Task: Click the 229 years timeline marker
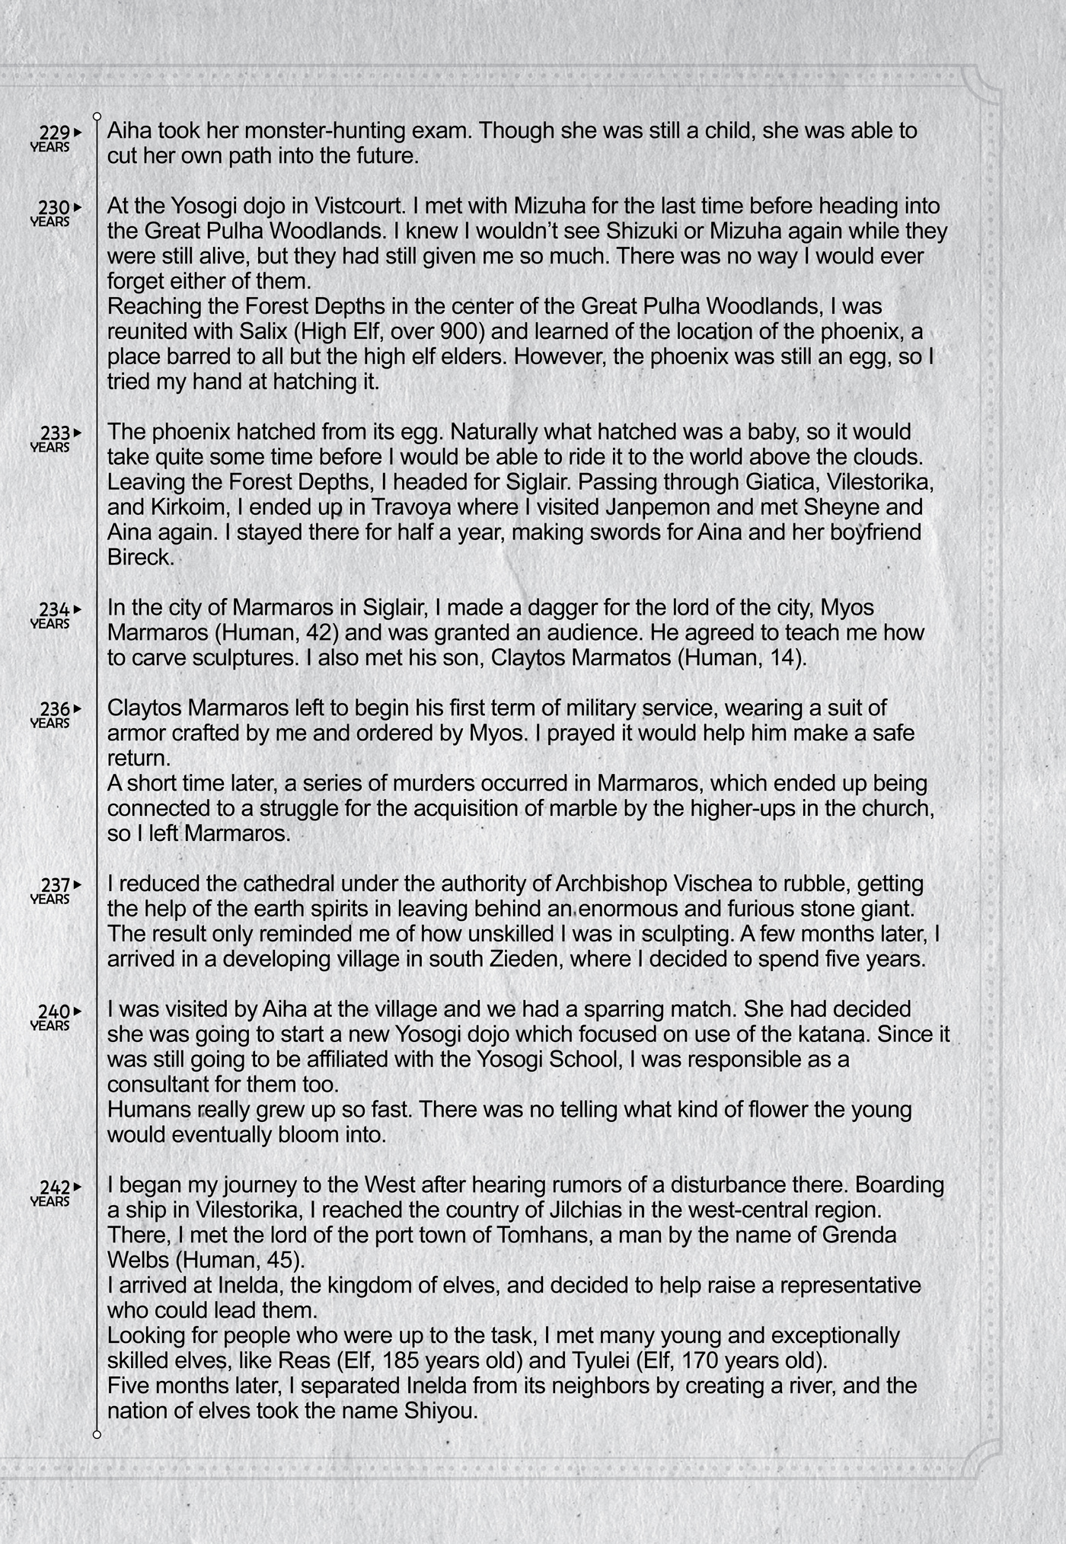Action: [x=55, y=137]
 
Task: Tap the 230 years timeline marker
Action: [x=55, y=212]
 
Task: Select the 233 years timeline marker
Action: [x=55, y=437]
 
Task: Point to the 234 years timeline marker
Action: [x=55, y=614]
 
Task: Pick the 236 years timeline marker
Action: [x=55, y=714]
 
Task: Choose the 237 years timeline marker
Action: [x=55, y=890]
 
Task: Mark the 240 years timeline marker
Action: [x=55, y=1016]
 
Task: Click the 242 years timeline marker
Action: [x=55, y=1192]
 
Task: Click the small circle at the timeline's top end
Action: [x=97, y=117]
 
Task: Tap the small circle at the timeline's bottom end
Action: [x=97, y=1435]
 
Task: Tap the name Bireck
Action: [x=140, y=558]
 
